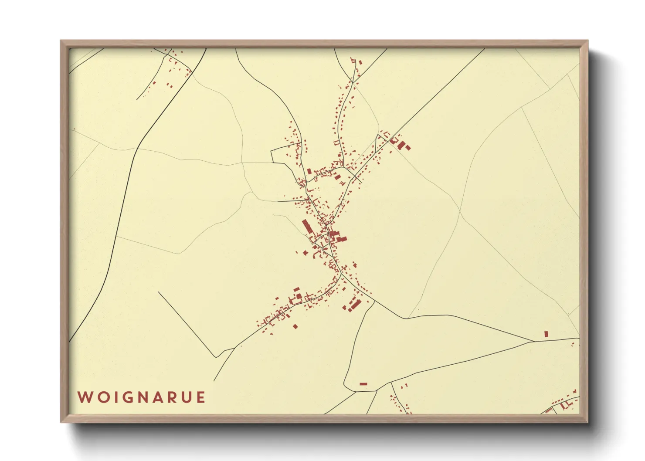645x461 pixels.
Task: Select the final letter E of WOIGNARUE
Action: pyautogui.click(x=200, y=397)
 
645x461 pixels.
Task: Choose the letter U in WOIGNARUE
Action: pyautogui.click(x=186, y=397)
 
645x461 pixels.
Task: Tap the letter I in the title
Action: pyautogui.click(x=112, y=397)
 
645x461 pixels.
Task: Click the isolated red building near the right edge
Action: pyautogui.click(x=546, y=334)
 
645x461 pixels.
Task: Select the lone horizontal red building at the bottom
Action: pyautogui.click(x=363, y=384)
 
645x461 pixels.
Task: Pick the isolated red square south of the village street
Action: pyautogui.click(x=295, y=326)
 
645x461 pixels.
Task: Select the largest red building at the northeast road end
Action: pyautogui.click(x=401, y=144)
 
